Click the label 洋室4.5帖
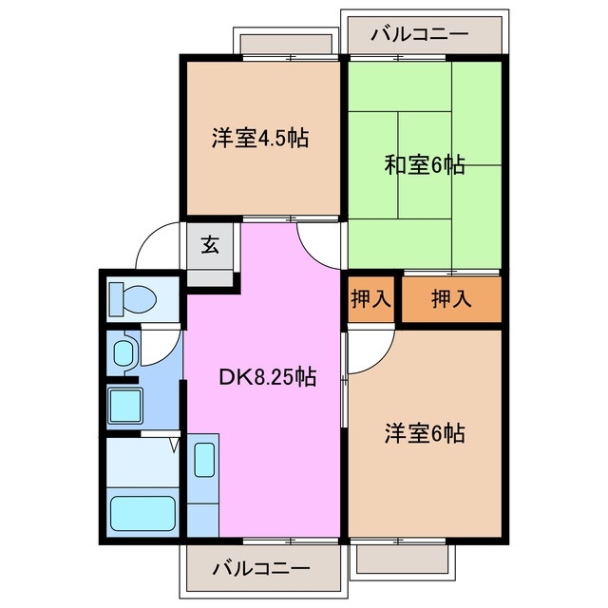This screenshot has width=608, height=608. pyautogui.click(x=259, y=138)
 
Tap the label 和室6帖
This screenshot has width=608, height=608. pyautogui.click(x=424, y=164)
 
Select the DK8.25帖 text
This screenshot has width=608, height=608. pyautogui.click(x=268, y=377)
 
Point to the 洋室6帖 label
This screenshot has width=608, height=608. pyautogui.click(x=424, y=433)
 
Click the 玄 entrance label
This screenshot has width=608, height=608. pyautogui.click(x=210, y=244)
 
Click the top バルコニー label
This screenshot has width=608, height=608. pyautogui.click(x=419, y=34)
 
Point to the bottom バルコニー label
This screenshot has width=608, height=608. pyautogui.click(x=259, y=569)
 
